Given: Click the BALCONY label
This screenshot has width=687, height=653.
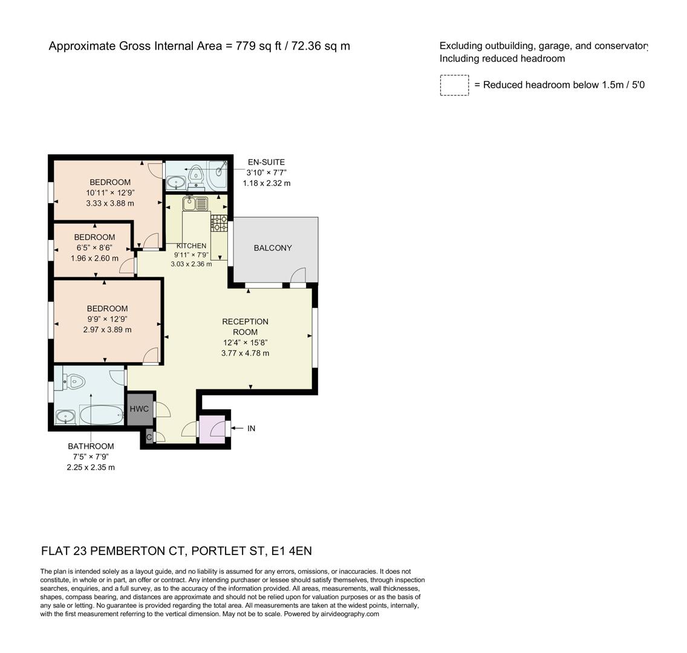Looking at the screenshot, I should tap(273, 248).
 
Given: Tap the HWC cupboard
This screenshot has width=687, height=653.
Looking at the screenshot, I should tap(139, 409).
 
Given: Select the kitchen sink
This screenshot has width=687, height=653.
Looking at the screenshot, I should tap(195, 203).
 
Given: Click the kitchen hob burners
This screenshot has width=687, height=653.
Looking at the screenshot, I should tap(219, 224).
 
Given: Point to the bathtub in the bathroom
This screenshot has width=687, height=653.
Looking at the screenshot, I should tap(102, 415).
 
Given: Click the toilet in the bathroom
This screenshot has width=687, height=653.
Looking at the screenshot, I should tap(74, 382).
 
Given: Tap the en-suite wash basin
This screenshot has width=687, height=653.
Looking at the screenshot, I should tap(176, 181).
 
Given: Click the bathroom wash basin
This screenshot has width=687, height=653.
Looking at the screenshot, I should tap(65, 416).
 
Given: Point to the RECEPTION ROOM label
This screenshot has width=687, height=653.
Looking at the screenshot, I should tap(245, 326).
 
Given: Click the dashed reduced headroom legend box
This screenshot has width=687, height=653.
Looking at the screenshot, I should tap(454, 85).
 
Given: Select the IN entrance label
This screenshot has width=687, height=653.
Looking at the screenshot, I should tap(251, 428).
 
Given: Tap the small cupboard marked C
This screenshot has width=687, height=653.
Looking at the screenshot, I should tap(149, 436).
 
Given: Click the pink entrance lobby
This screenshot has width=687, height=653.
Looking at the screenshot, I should tap(212, 430).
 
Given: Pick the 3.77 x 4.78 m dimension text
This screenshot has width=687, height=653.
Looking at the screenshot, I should tap(245, 353).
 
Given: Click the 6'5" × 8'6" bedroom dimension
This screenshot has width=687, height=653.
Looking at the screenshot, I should tap(94, 248).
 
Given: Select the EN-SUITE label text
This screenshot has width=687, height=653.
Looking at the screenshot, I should tap(266, 162).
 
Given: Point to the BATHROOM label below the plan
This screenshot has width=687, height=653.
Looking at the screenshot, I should tap(91, 446).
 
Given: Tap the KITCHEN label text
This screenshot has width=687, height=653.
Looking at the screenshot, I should tap(191, 246).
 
